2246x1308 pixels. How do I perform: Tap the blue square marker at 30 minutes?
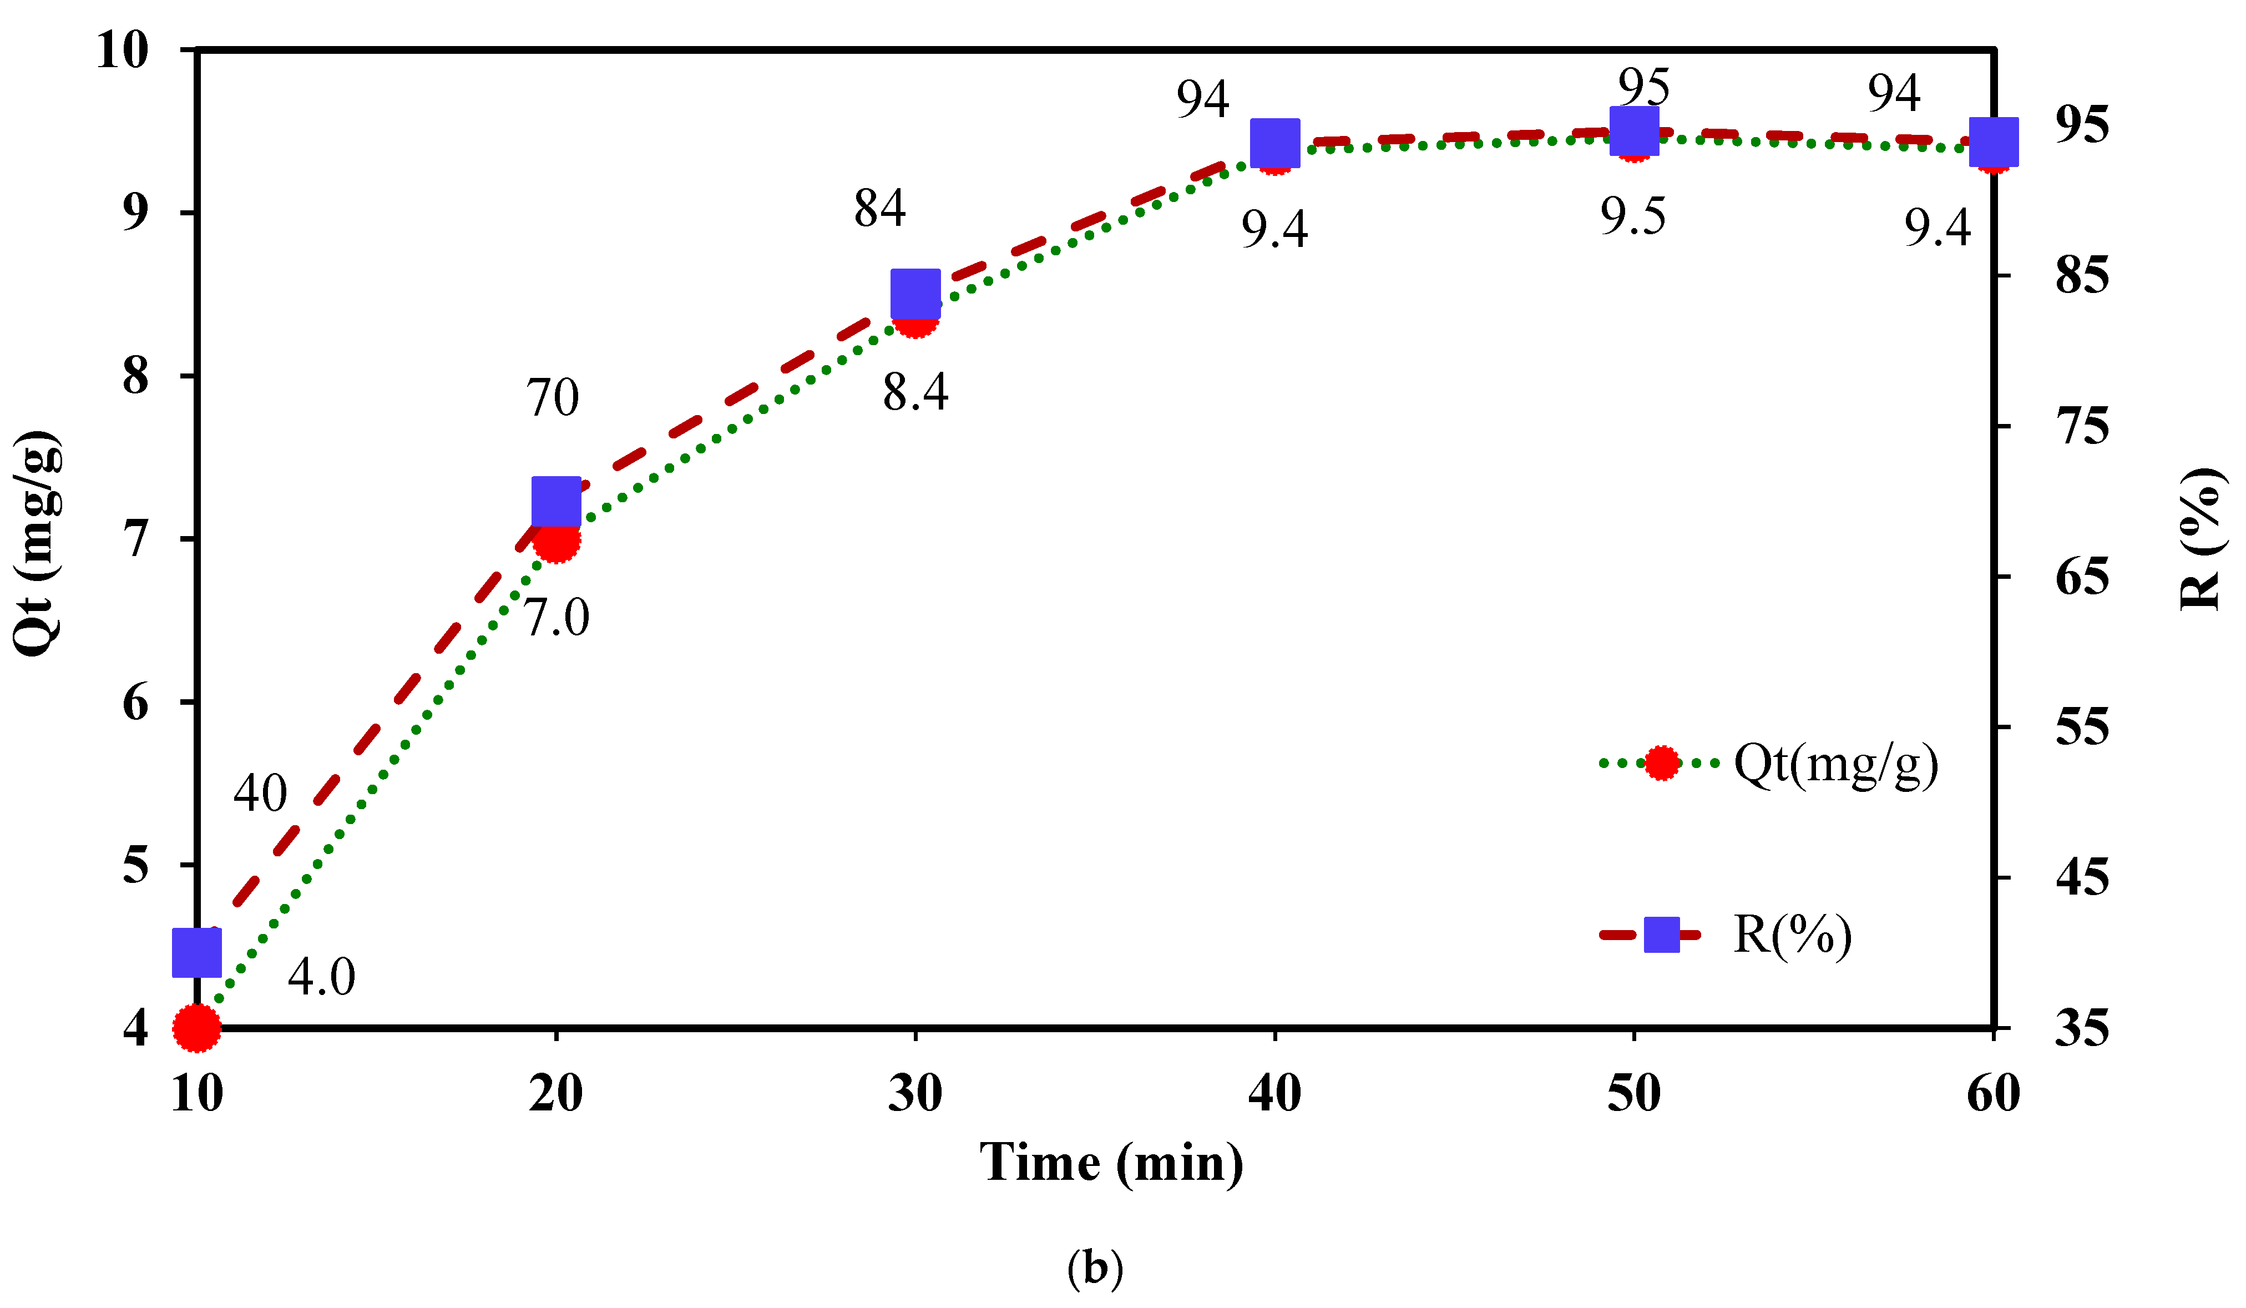[x=915, y=294]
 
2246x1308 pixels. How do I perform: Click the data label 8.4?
[x=915, y=392]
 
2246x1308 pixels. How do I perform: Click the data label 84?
[x=879, y=209]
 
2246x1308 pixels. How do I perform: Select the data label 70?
[x=553, y=398]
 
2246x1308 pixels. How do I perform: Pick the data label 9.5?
[x=1633, y=216]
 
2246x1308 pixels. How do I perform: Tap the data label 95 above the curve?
[x=1643, y=87]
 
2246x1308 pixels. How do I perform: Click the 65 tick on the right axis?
[x=2082, y=578]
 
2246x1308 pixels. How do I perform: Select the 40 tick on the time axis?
[x=1274, y=1093]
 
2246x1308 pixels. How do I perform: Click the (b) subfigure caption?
[x=1095, y=1267]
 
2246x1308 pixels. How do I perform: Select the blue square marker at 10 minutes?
[x=197, y=952]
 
